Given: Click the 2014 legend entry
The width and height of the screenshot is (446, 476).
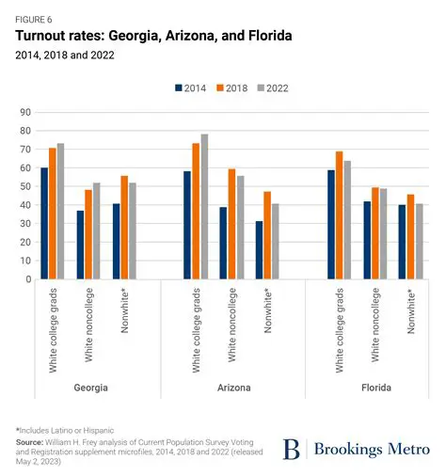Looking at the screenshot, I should pyautogui.click(x=192, y=88).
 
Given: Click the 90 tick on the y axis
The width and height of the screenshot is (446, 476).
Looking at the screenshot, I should pyautogui.click(x=26, y=112).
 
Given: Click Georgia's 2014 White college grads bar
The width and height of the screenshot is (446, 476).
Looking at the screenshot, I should pyautogui.click(x=44, y=223).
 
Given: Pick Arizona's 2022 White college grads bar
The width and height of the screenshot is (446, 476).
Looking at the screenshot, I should pyautogui.click(x=204, y=206).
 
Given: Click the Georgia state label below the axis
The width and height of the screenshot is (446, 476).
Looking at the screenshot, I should pyautogui.click(x=86, y=387).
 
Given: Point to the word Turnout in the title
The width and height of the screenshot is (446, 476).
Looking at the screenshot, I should pyautogui.click(x=44, y=36).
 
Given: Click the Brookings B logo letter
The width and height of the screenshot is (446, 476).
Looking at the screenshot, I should pyautogui.click(x=293, y=449).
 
